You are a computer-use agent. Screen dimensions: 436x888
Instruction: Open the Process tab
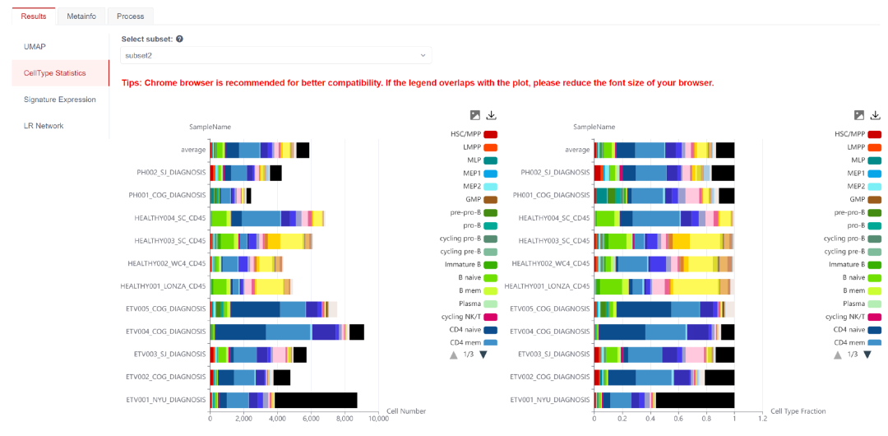[130, 16]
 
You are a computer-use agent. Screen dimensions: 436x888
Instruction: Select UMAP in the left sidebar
[35, 47]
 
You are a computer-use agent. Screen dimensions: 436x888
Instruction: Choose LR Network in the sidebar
[44, 126]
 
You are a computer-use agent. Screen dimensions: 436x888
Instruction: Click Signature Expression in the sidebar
[60, 100]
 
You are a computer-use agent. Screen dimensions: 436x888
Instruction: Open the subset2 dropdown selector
[276, 55]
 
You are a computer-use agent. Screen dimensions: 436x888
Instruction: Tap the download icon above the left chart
[492, 115]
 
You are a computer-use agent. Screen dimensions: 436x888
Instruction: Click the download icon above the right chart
[876, 115]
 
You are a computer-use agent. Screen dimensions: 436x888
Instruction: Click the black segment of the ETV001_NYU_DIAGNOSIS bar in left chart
[316, 400]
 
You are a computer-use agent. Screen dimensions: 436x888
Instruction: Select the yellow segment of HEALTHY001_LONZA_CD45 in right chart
[695, 286]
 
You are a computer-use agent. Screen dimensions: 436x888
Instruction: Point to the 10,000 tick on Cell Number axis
[377, 419]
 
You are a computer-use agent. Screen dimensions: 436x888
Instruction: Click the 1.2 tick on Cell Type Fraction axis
[762, 419]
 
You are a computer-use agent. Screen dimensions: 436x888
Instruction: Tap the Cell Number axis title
[406, 410]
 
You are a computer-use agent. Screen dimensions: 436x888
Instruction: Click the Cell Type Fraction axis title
[798, 410]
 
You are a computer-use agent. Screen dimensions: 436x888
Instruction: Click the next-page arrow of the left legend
[483, 355]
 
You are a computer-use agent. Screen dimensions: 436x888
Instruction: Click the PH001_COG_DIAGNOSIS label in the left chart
[171, 195]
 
